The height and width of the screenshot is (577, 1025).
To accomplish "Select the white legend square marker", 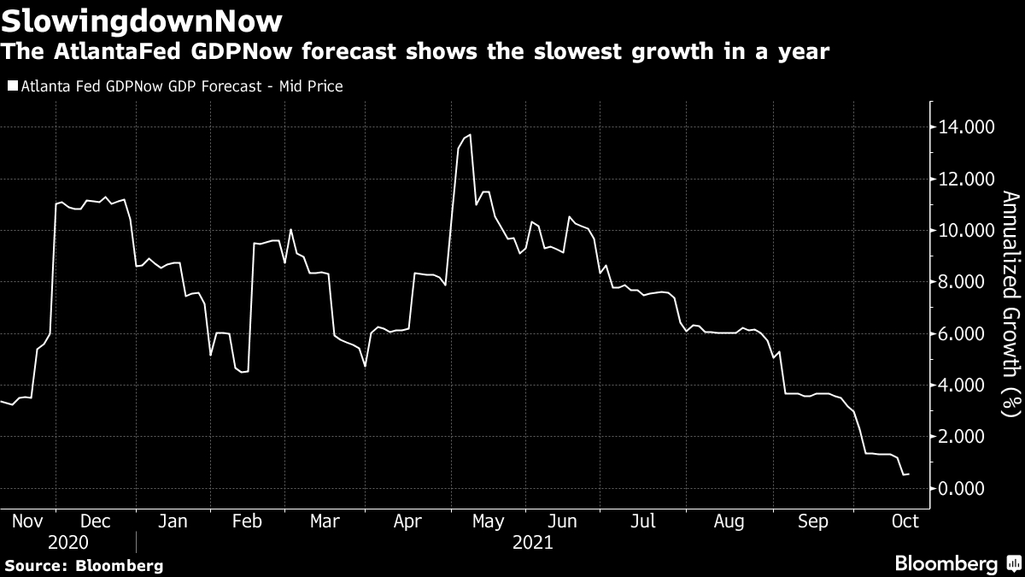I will [11, 86].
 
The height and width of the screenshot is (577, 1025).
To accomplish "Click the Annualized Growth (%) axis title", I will [1010, 303].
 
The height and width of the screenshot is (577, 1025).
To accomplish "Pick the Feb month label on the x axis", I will [247, 521].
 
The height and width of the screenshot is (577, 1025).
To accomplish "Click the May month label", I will [488, 521].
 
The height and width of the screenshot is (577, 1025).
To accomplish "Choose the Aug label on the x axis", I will [730, 521].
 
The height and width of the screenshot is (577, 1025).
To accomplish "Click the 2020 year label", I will [68, 543].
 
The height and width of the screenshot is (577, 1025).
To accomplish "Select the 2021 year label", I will [531, 543].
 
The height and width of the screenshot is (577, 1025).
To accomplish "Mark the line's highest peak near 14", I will [470, 134].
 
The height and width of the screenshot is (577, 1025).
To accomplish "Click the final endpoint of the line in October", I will [908, 474].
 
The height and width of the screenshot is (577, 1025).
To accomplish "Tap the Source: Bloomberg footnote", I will [83, 565].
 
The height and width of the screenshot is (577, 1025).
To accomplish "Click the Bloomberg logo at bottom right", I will [957, 564].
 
